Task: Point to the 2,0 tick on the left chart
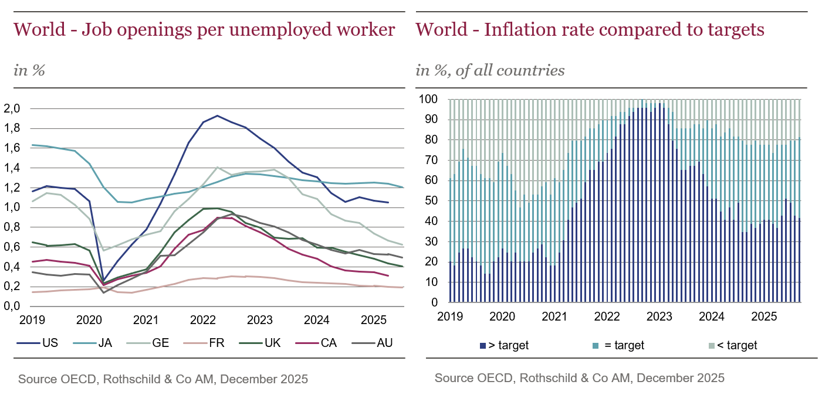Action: (12, 108)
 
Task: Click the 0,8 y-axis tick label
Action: (12, 227)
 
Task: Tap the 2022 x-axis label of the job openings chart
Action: (203, 320)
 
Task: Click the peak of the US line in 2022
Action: (217, 115)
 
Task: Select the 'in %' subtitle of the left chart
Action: (29, 70)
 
